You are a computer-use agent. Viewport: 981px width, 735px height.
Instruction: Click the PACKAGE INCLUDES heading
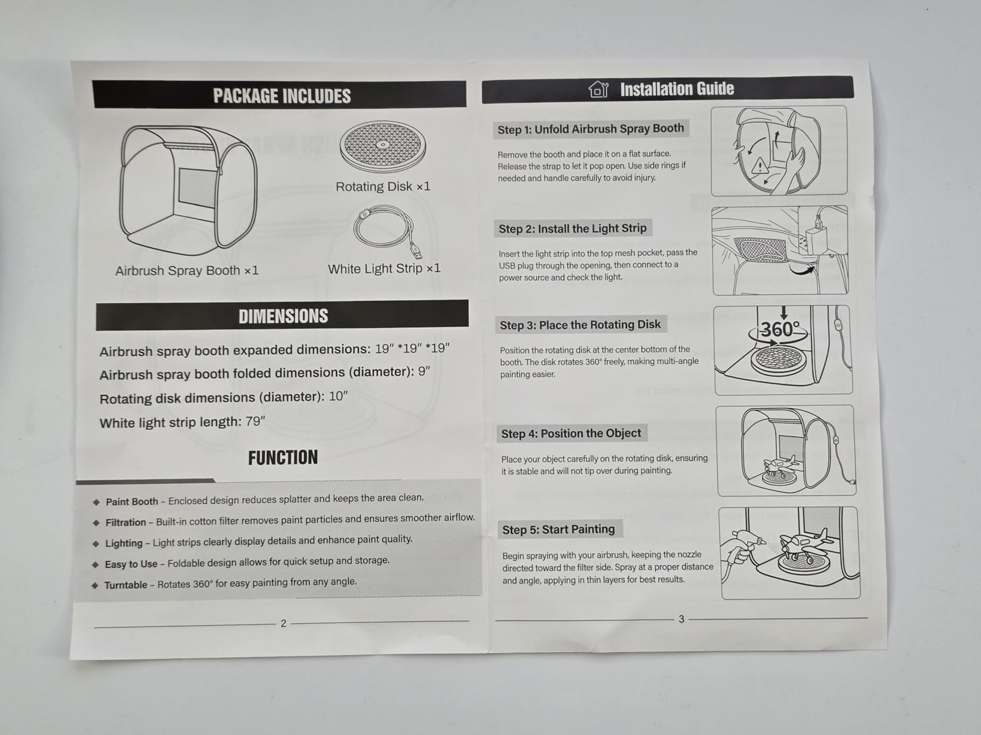point(281,96)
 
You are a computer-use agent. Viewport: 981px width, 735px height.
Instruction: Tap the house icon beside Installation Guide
point(599,89)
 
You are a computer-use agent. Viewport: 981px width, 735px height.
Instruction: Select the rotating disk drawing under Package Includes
point(382,147)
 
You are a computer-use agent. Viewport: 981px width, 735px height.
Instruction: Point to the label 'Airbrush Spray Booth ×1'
point(187,270)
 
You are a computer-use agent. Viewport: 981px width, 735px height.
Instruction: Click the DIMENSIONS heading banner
point(283,315)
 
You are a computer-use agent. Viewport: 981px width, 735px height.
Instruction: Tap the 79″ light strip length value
point(255,422)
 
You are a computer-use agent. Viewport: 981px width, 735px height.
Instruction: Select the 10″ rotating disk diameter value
point(338,396)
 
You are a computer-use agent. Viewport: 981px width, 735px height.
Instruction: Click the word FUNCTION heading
point(283,458)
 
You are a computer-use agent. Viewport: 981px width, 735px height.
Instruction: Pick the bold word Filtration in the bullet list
point(126,522)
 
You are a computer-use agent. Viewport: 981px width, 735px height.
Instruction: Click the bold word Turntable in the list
point(126,585)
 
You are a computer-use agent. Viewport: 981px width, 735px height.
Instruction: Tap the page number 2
point(283,623)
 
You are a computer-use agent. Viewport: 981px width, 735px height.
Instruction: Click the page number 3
point(681,619)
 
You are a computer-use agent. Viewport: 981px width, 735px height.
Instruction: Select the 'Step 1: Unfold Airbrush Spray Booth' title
point(591,129)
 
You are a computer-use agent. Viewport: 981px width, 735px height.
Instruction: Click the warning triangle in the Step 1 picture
point(759,166)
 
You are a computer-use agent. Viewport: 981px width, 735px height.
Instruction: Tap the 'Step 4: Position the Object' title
point(571,434)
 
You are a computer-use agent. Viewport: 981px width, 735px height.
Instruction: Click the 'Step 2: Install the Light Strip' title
point(572,229)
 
